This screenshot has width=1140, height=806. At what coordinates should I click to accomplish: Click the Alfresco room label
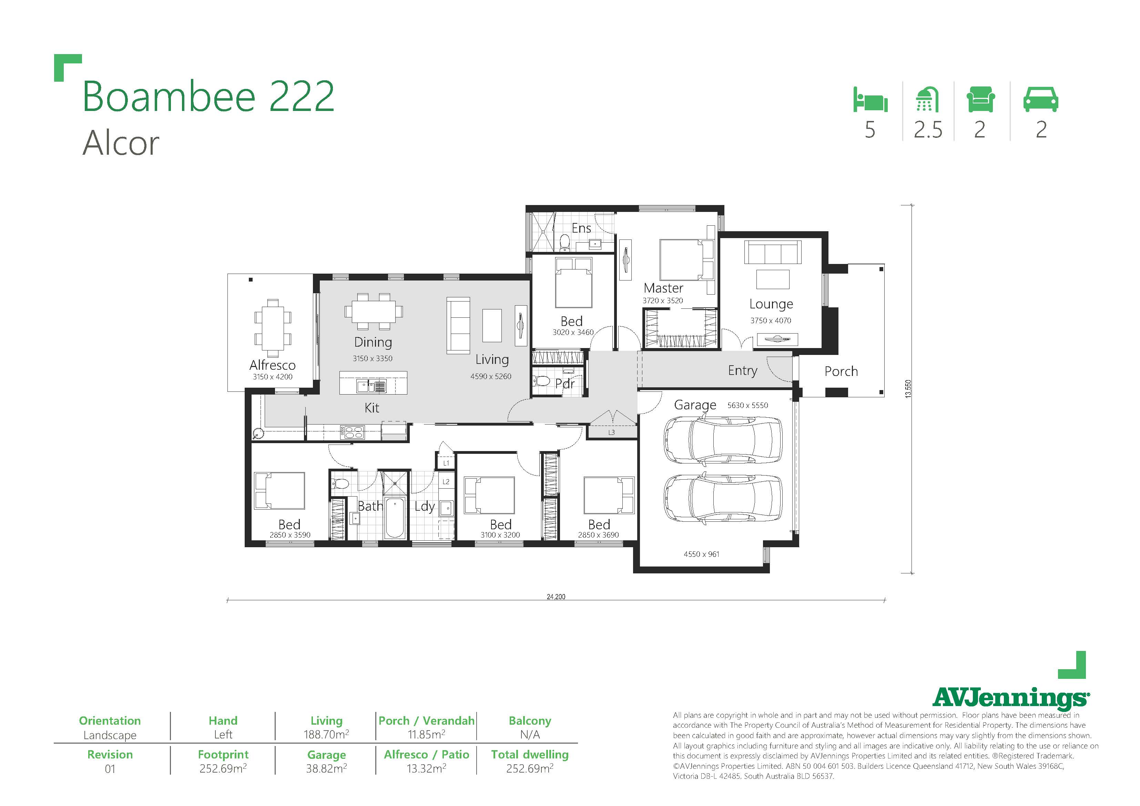(x=272, y=365)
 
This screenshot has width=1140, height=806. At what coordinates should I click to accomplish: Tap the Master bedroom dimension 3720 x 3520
(x=663, y=300)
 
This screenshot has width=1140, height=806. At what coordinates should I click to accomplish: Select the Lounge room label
(x=771, y=304)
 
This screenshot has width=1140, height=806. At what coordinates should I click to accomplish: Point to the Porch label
(x=841, y=371)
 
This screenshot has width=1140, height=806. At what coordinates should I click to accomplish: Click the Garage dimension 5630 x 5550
(x=748, y=405)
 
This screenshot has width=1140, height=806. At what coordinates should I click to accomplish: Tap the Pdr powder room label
(x=565, y=384)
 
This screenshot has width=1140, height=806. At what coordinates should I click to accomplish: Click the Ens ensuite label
(x=581, y=228)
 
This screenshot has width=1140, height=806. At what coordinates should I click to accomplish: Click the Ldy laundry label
(x=425, y=507)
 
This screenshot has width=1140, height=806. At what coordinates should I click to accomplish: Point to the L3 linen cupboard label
(x=611, y=432)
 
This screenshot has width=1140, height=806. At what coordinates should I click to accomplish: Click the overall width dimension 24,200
(x=556, y=596)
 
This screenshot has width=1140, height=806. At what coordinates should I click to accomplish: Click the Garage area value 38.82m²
(x=326, y=768)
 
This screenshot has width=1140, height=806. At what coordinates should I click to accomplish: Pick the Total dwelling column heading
(x=530, y=754)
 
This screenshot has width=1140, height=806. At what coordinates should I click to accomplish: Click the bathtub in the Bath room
(x=394, y=518)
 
